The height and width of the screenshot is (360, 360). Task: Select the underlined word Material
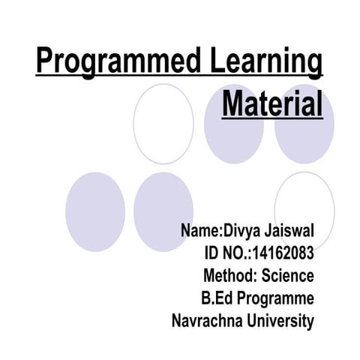[272, 103]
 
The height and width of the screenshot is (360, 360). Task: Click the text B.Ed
[217, 298]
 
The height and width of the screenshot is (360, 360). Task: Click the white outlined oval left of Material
[163, 124]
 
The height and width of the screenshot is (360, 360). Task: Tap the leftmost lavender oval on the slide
[95, 211]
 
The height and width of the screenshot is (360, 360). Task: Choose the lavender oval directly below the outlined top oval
[163, 211]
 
